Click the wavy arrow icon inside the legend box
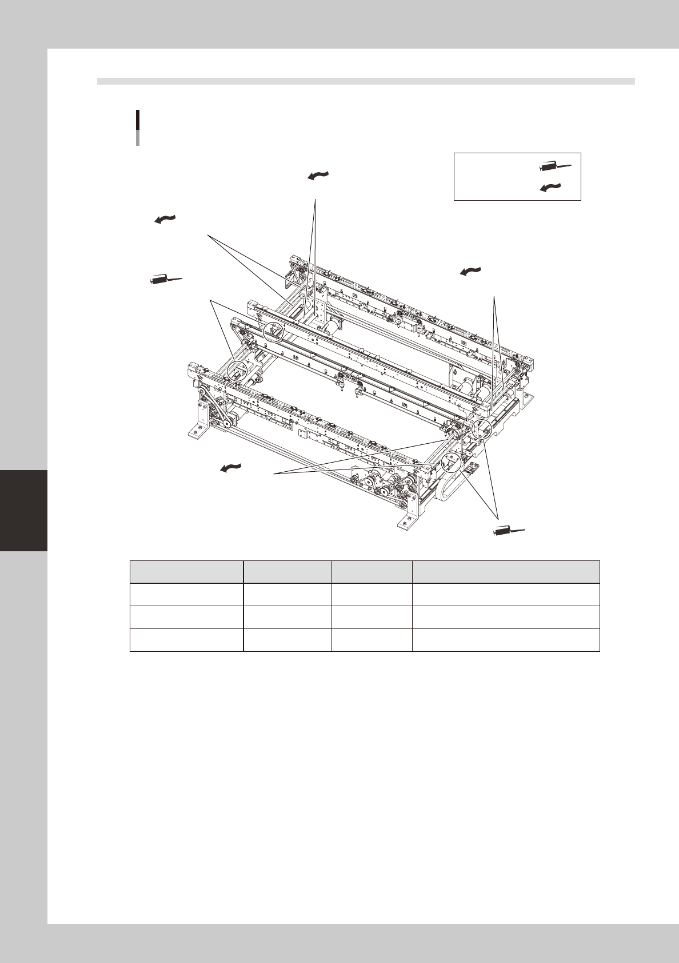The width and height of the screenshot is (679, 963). point(550,186)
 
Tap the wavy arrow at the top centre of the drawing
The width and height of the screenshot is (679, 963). point(318,176)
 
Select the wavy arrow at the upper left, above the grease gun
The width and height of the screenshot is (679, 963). point(164,219)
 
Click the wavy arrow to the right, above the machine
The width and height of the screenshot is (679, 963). point(470,272)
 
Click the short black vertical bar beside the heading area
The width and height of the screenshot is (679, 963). point(138,121)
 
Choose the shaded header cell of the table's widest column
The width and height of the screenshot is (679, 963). point(505,571)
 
